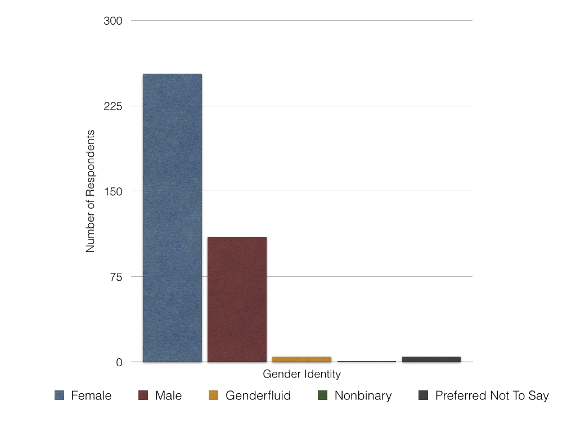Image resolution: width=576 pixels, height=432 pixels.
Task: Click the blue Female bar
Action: coord(172,218)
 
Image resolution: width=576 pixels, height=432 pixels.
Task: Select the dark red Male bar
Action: coord(237,299)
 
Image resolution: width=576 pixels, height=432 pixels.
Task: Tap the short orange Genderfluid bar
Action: coord(301,359)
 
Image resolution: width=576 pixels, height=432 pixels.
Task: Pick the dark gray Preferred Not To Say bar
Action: coord(431,359)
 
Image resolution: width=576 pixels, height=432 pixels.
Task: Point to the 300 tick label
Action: coord(112,21)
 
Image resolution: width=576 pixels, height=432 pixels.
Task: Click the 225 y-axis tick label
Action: coord(112,106)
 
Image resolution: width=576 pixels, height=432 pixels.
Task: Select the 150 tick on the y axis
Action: coord(112,191)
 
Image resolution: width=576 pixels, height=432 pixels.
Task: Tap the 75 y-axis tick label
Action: coord(115,277)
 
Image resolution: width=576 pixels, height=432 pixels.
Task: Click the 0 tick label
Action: coord(119,362)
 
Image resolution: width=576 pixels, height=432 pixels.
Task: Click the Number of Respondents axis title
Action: coord(91,191)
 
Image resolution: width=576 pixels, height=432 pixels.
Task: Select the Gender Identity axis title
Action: coord(301,374)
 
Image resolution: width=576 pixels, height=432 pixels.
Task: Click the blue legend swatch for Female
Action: coord(60,395)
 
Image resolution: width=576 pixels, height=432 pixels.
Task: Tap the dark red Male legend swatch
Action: coord(143,395)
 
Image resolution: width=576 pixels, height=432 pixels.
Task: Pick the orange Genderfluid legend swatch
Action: coord(213,395)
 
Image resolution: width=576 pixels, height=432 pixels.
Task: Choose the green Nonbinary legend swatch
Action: coord(322,395)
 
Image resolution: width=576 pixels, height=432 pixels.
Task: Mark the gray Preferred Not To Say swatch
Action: coord(424,395)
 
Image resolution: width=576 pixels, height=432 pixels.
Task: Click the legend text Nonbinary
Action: coord(363,395)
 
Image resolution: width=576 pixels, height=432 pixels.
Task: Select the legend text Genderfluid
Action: coord(258,395)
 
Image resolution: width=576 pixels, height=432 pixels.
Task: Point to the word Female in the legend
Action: coord(91,395)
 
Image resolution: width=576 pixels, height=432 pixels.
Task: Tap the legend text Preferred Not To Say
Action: coord(492,395)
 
